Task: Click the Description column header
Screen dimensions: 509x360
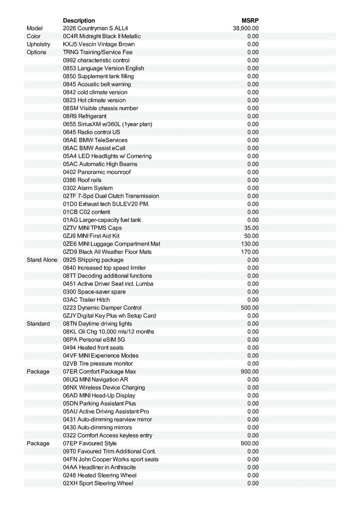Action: coord(79,20)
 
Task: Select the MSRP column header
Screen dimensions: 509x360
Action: coord(250,20)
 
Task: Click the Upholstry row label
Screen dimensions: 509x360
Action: coord(38,44)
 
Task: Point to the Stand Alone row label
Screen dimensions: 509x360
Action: coord(42,260)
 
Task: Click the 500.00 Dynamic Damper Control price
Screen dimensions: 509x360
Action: coord(250,308)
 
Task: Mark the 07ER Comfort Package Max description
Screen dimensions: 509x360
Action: coord(99,372)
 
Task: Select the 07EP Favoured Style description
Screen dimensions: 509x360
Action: coord(90,443)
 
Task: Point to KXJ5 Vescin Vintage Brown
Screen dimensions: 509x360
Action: coord(99,44)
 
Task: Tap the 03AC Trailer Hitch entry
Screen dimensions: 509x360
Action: coord(86,299)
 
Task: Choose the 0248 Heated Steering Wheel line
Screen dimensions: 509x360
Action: coord(100,475)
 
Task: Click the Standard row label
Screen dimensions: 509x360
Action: coord(38,324)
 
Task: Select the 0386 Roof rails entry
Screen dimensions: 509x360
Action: coord(82,180)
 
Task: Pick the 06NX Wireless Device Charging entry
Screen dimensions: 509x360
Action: coord(104,387)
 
